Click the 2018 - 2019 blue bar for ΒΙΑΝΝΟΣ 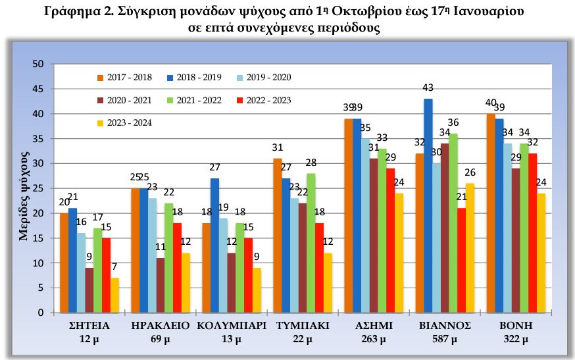point(428,205)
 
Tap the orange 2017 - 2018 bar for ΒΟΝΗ point(491,213)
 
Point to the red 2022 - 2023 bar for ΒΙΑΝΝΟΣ point(461,260)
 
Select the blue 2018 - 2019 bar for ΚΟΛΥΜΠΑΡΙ point(214,245)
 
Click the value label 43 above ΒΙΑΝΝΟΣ point(428,88)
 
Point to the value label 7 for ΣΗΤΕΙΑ point(114,267)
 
